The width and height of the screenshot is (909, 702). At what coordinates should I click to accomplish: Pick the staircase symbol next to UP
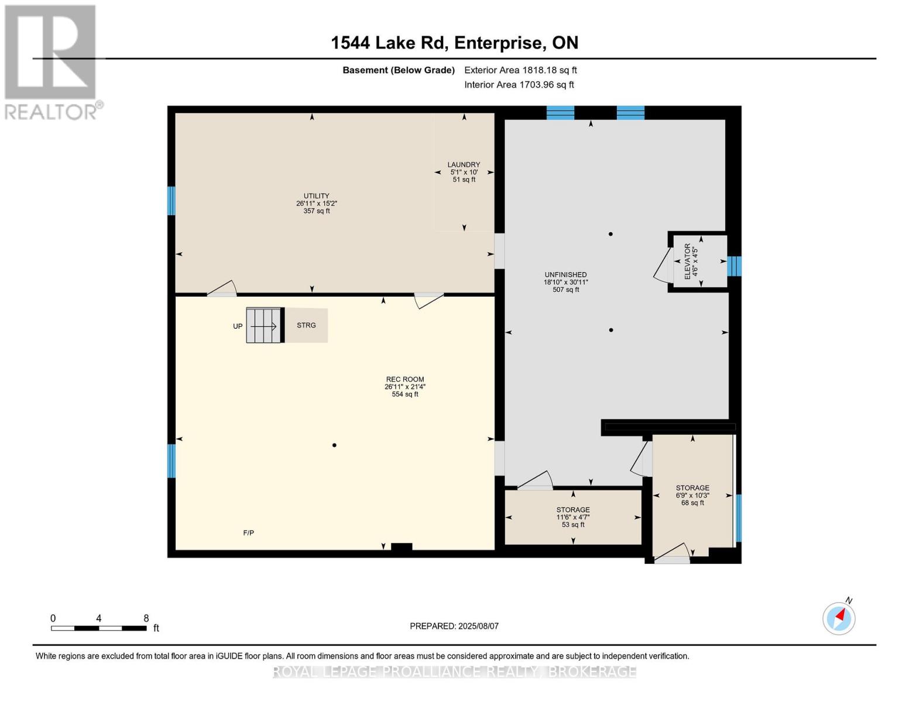pos(264,325)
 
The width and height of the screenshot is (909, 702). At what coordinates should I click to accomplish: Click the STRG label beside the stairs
pos(306,325)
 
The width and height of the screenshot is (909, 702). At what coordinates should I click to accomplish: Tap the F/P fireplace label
pos(248,533)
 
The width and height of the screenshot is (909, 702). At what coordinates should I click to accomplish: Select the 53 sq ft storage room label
pos(572,517)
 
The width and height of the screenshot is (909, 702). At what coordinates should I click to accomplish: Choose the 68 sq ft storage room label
pos(692,495)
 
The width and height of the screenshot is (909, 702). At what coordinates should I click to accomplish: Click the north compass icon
pos(839,618)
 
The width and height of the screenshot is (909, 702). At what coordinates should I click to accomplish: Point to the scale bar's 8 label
pos(146,618)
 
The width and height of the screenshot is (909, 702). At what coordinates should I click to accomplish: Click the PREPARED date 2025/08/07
pos(454,626)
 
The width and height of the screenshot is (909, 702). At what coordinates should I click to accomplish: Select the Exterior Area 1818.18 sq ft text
pos(520,70)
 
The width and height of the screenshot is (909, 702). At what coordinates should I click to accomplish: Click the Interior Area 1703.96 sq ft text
pos(519,85)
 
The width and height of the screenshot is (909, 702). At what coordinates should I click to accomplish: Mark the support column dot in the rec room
pos(334,445)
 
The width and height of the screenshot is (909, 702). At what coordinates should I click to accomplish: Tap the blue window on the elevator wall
pos(734,266)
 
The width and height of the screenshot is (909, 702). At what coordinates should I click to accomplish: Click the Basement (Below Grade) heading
pos(399,70)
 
